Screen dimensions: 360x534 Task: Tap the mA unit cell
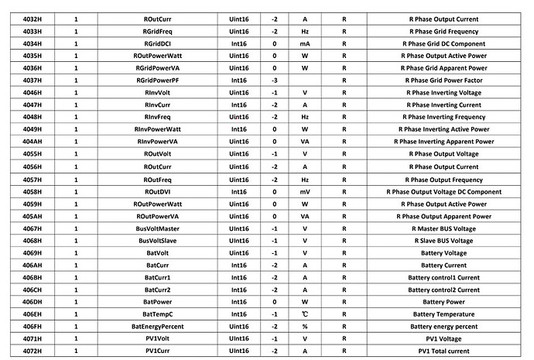click(x=305, y=43)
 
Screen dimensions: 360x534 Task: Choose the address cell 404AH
click(x=32, y=142)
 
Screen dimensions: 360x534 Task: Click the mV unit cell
click(x=305, y=191)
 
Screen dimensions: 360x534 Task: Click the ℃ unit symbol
click(x=305, y=314)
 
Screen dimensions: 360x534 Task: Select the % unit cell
click(x=305, y=327)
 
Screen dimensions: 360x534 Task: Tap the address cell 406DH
click(x=32, y=302)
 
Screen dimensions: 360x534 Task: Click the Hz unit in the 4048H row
click(x=305, y=117)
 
